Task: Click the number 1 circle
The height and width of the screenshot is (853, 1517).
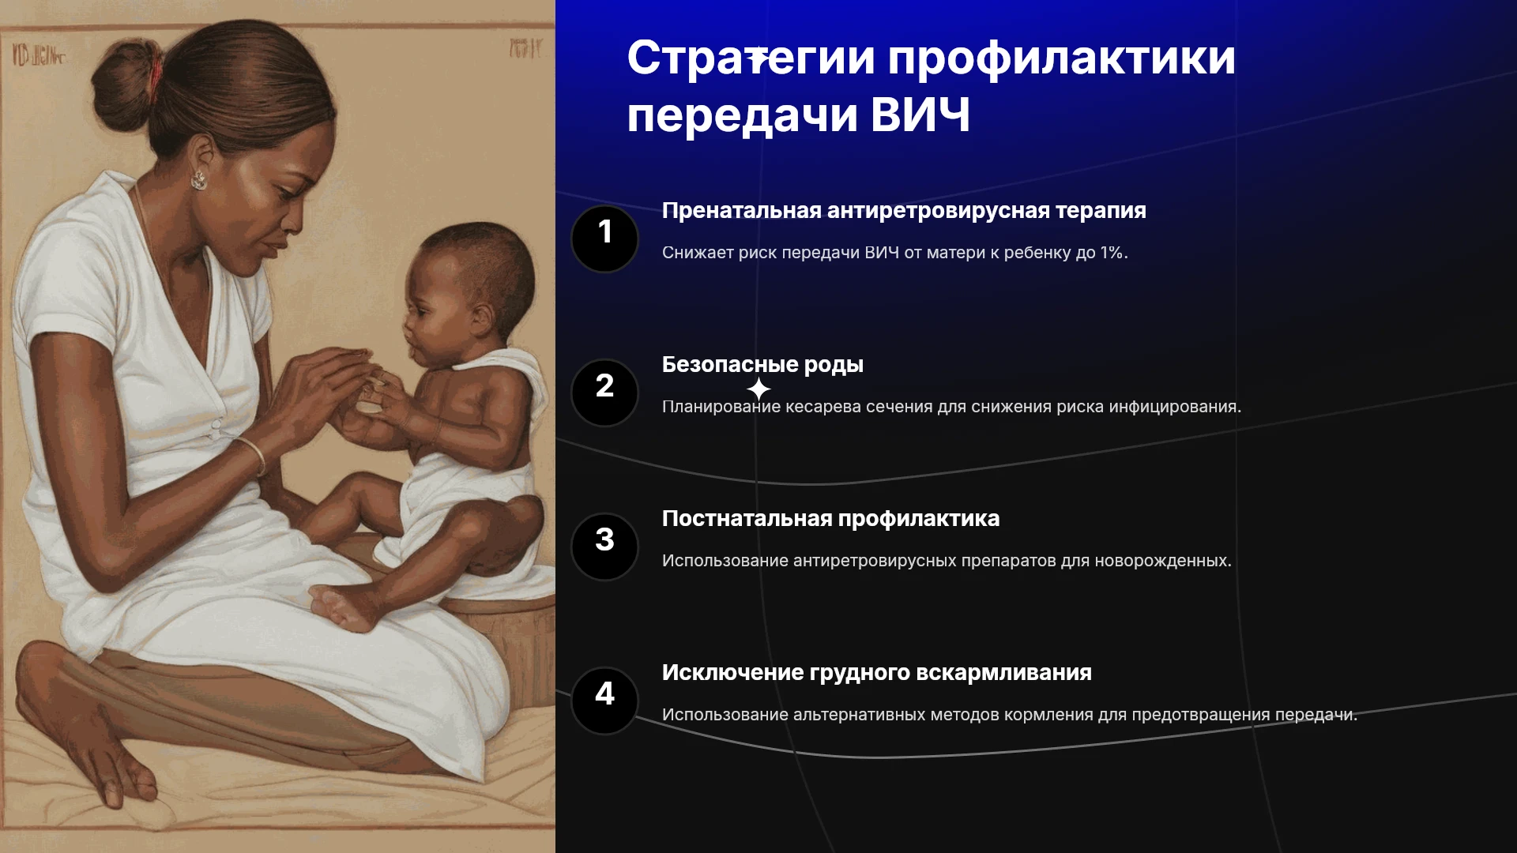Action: pos(604,239)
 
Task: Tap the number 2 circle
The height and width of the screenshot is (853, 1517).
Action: pos(604,393)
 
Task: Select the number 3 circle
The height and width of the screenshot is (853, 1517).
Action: pos(604,547)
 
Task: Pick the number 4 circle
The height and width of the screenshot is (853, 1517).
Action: pos(604,701)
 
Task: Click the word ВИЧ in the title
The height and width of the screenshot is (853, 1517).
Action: pos(920,115)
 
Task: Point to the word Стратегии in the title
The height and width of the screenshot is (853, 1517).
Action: pos(751,58)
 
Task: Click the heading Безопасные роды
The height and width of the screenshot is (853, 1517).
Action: pos(762,365)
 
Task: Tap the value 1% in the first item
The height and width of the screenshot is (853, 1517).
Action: pos(1113,253)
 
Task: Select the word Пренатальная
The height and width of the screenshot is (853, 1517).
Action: pos(742,211)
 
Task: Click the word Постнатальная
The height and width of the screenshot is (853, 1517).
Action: pos(747,519)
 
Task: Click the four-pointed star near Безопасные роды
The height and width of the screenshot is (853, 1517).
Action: pos(758,389)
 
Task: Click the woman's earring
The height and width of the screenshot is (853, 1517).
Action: pos(198,180)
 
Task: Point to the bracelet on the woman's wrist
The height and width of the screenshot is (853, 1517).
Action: pos(253,456)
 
